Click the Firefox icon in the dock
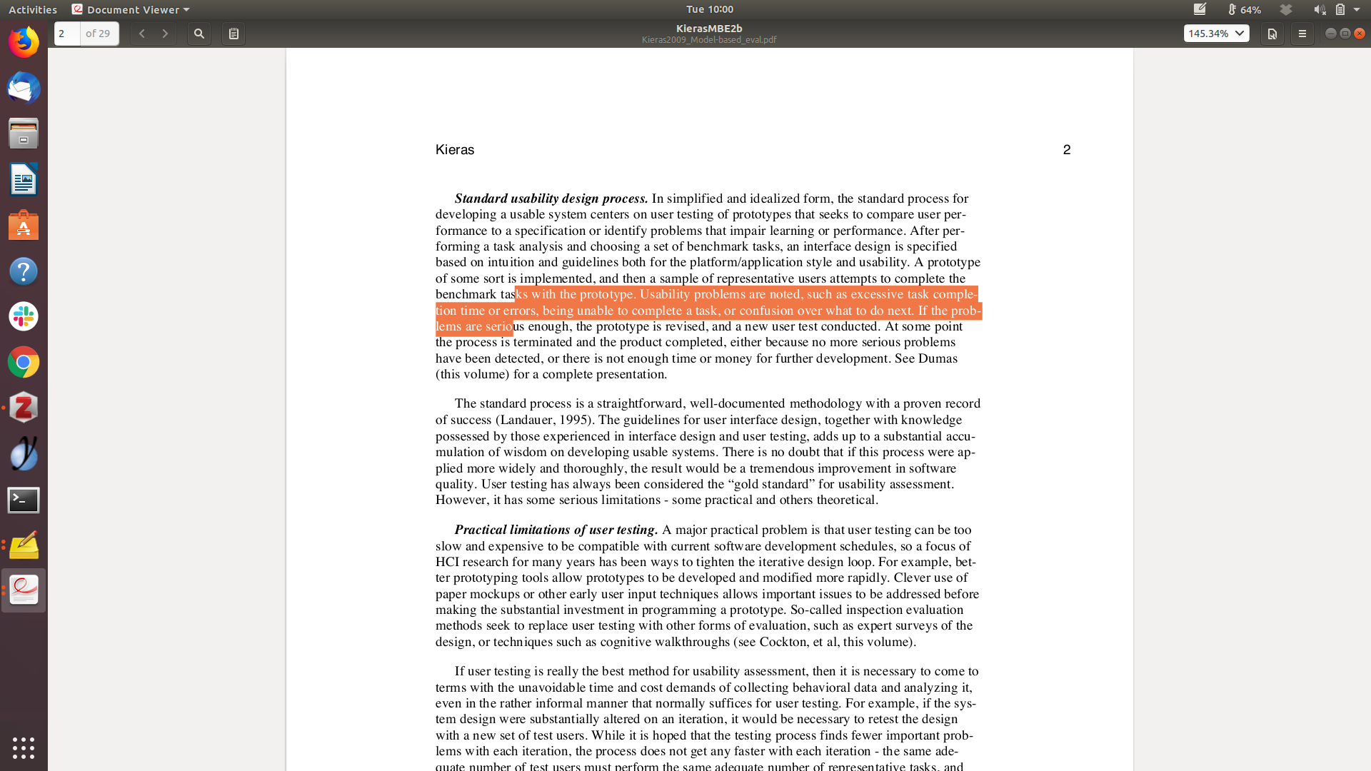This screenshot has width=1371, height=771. (24, 42)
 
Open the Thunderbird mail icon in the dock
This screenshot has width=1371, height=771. (24, 89)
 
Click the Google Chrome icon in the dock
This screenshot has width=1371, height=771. (24, 363)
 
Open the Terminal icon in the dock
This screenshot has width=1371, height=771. (24, 500)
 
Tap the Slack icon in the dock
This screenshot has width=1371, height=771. (24, 316)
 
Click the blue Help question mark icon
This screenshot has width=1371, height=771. (24, 271)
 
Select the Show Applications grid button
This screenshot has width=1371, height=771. (24, 747)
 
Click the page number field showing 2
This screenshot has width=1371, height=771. (67, 34)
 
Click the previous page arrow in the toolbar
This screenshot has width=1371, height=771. (142, 34)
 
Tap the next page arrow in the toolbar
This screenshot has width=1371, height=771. (165, 34)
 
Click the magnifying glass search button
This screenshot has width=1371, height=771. (199, 34)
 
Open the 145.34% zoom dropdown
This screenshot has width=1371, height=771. (1216, 34)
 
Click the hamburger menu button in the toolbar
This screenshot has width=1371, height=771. (1302, 34)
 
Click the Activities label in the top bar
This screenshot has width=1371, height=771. (33, 9)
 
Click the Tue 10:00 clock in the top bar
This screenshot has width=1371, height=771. (709, 9)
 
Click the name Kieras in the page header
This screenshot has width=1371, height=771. (455, 150)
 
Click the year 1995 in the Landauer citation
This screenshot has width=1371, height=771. (575, 420)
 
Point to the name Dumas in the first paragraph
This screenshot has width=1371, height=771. (938, 358)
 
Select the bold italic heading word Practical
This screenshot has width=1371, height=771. (481, 530)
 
